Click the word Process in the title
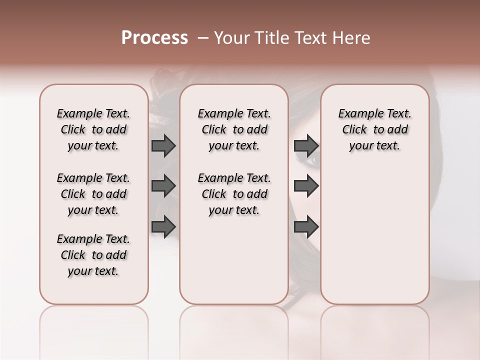click(154, 38)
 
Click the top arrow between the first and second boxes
click(163, 145)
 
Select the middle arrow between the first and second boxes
click(163, 186)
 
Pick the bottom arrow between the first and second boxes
click(163, 226)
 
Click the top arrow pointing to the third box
click(306, 145)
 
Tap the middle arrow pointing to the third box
click(306, 186)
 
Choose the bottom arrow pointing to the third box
click(306, 226)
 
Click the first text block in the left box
click(93, 129)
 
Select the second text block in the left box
click(93, 194)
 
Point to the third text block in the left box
click(93, 255)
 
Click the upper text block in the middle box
click(234, 129)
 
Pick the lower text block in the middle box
click(234, 194)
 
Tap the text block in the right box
click(374, 129)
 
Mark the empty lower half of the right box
click(374, 240)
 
